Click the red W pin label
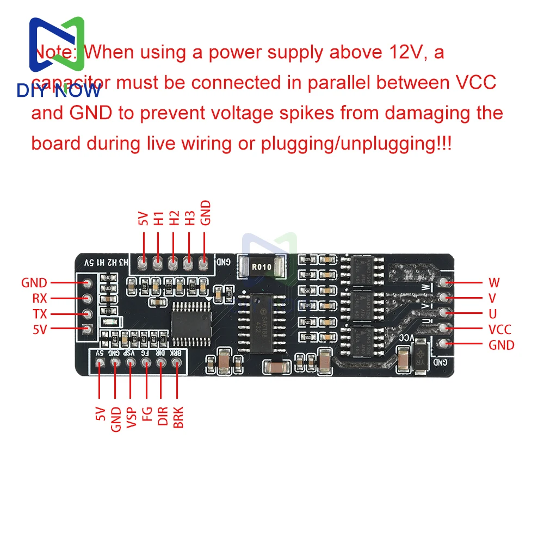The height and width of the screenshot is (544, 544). coord(494,282)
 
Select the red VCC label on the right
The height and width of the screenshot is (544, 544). coord(500,329)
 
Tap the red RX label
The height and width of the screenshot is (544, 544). coord(40,298)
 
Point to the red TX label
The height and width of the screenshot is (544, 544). coord(40,314)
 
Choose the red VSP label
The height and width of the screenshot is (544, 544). coord(131,418)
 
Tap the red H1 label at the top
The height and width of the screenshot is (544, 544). coord(158,219)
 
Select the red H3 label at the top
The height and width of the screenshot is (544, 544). coord(189,219)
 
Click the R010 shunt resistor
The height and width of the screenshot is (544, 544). coord(261,266)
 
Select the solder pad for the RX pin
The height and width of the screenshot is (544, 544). coord(86,298)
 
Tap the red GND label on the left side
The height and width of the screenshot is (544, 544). coord(34,283)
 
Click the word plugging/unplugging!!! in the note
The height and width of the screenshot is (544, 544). coord(356,144)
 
